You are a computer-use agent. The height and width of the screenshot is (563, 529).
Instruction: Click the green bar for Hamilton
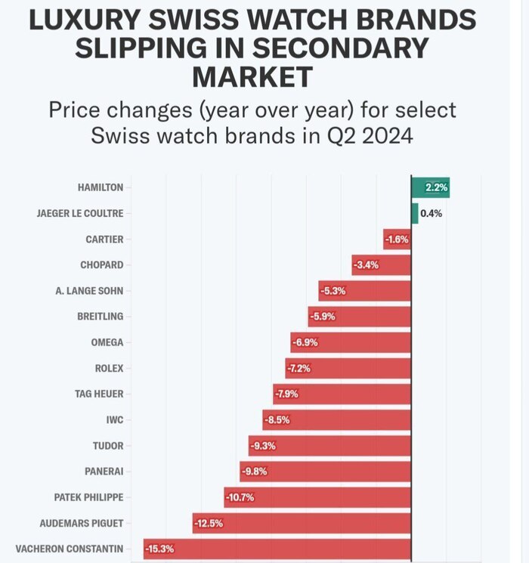pyautogui.click(x=430, y=187)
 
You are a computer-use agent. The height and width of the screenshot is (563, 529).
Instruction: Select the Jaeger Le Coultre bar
pyautogui.click(x=414, y=213)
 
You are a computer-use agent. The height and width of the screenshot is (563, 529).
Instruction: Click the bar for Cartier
pyautogui.click(x=398, y=240)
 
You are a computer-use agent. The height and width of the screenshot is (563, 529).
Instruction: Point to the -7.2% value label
pyautogui.click(x=299, y=368)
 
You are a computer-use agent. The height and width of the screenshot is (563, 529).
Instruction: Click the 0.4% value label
pyautogui.click(x=431, y=213)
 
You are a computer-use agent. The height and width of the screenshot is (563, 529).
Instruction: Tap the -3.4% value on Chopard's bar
pyautogui.click(x=367, y=265)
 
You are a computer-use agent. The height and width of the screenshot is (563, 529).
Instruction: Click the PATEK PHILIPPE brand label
pyautogui.click(x=88, y=497)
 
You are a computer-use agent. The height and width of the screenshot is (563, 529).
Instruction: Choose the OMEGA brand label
pyautogui.click(x=107, y=342)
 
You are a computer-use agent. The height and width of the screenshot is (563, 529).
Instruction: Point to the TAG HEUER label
pyautogui.click(x=98, y=394)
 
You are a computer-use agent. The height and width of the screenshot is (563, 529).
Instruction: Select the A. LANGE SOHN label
pyautogui.click(x=89, y=291)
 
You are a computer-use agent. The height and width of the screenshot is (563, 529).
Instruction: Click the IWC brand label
pyautogui.click(x=115, y=419)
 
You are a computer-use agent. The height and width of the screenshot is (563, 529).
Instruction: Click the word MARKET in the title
pyautogui.click(x=252, y=76)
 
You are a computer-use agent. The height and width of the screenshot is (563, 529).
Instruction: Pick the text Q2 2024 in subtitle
pyautogui.click(x=388, y=137)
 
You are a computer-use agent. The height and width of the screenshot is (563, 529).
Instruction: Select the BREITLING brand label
pyautogui.click(x=100, y=317)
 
